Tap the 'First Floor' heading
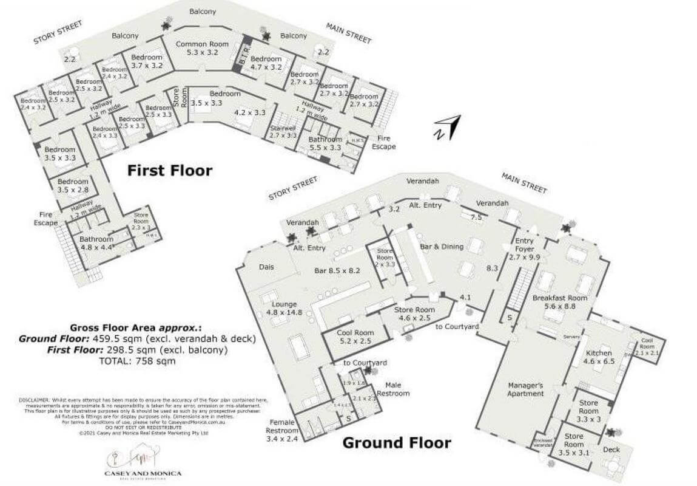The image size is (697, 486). [x=169, y=171]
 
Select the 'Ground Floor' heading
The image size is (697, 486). [x=397, y=442]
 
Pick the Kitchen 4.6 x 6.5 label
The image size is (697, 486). [x=598, y=357]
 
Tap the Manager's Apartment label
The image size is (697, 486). [x=525, y=389]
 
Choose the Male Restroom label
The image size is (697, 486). [x=397, y=389]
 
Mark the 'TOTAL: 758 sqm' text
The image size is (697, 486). [x=137, y=360]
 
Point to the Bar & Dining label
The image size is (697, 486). [x=442, y=247]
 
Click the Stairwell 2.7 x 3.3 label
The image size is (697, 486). [x=283, y=132]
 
